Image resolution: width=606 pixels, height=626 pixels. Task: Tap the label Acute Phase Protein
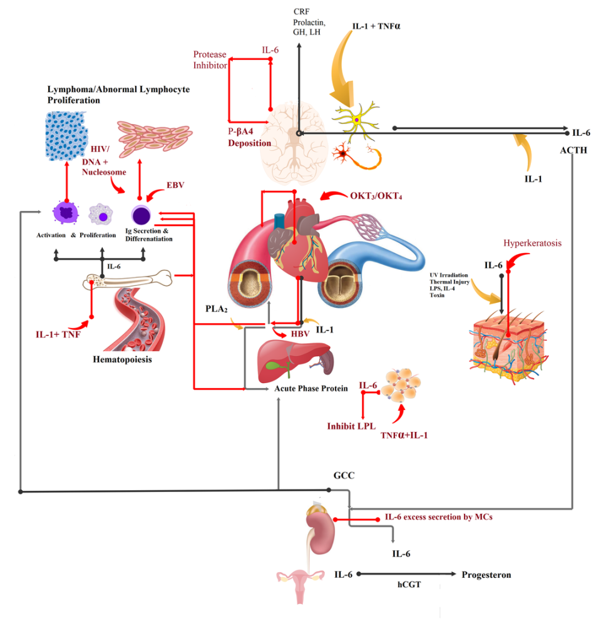point(311,389)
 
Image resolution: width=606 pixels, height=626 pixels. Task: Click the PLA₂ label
point(215,309)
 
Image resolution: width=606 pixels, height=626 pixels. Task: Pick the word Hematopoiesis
point(123,359)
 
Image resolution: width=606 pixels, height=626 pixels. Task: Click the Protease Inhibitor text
point(209,60)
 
